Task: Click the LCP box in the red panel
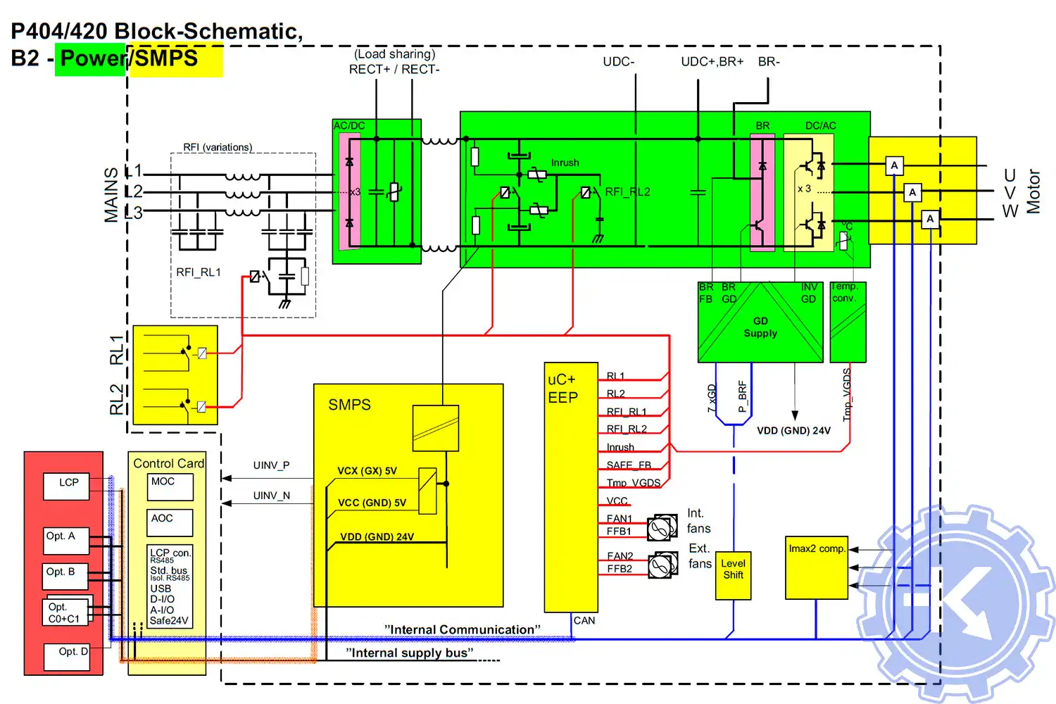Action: click(x=67, y=486)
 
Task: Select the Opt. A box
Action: click(x=65, y=540)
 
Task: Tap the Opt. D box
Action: click(x=68, y=656)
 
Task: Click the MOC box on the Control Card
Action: click(x=169, y=486)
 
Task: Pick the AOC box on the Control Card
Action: click(x=169, y=522)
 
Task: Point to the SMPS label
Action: click(x=349, y=405)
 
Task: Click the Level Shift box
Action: click(x=733, y=574)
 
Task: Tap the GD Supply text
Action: click(x=760, y=327)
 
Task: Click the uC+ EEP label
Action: click(x=563, y=389)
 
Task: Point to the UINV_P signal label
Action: click(x=271, y=465)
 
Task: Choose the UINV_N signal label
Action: click(x=271, y=496)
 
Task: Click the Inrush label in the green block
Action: click(x=565, y=163)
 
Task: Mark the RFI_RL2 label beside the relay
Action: click(x=627, y=191)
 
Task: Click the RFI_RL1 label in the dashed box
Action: click(x=199, y=272)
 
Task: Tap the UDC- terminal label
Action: click(x=618, y=62)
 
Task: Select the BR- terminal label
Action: click(x=769, y=62)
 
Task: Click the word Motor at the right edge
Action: click(x=1033, y=191)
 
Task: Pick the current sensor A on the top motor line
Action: click(x=894, y=165)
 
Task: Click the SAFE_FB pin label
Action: click(x=629, y=465)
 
